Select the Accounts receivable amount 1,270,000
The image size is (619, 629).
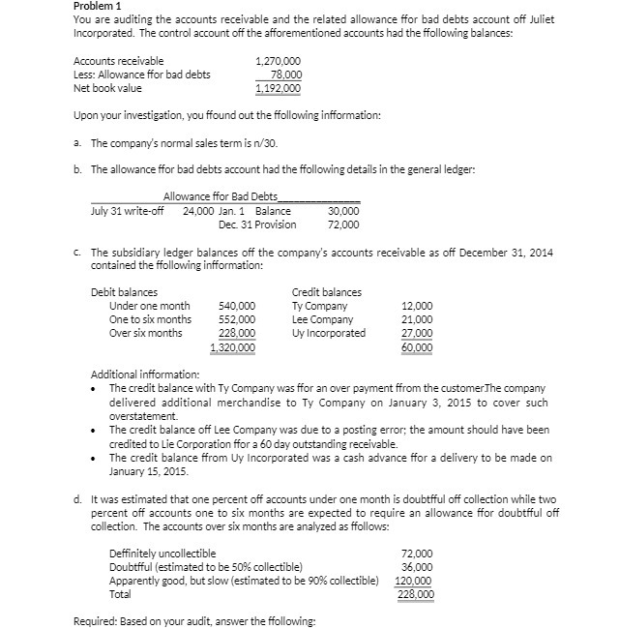pos(278,61)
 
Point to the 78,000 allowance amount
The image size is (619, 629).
pos(285,75)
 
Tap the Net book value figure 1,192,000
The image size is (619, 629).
pos(278,88)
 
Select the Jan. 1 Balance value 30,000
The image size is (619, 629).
pos(343,211)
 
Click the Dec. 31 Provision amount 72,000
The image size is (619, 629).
pos(343,225)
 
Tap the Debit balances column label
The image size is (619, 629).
pos(124,292)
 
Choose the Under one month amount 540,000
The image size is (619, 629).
pos(238,306)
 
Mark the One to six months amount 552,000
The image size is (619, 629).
pos(238,319)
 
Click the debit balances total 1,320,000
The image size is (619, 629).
pos(233,346)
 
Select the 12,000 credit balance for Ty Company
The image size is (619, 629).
pos(418,306)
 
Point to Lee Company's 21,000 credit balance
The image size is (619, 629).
pos(418,319)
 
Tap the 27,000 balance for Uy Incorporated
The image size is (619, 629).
pos(418,333)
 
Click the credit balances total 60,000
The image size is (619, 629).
pos(418,346)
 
